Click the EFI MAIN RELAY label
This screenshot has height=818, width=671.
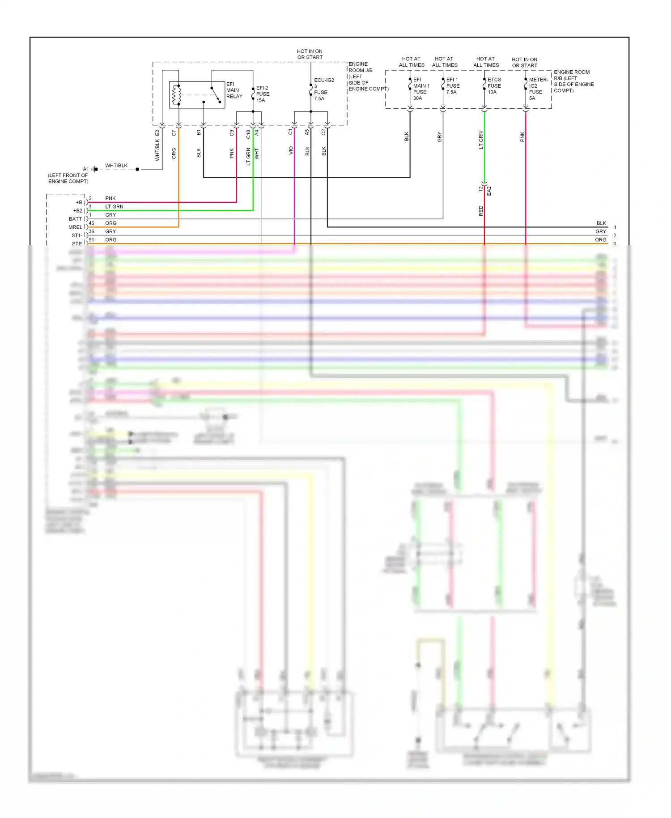[x=234, y=90]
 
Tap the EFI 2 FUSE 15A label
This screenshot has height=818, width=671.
[x=263, y=94]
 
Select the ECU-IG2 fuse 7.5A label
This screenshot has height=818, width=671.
[x=323, y=89]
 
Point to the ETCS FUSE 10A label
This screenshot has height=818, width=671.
[x=494, y=86]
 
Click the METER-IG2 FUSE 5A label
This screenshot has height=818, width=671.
[x=538, y=89]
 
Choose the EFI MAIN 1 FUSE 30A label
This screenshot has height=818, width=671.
[x=420, y=89]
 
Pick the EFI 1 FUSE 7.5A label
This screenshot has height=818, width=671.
[x=453, y=86]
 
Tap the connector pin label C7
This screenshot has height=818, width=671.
[x=174, y=133]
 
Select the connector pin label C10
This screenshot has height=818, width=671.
[x=248, y=134]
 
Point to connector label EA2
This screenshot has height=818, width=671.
[x=489, y=191]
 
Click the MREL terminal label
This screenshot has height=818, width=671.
[x=75, y=227]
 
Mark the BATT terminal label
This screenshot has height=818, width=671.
[x=75, y=219]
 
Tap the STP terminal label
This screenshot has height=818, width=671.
[x=77, y=244]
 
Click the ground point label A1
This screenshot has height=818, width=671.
[x=86, y=169]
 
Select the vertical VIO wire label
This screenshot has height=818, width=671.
[x=291, y=151]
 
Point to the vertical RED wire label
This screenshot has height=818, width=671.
[x=481, y=211]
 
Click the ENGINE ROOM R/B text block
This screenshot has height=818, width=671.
[x=573, y=81]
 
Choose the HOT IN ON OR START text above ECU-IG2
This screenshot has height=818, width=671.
[x=310, y=54]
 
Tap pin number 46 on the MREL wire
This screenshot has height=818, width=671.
[x=92, y=223]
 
